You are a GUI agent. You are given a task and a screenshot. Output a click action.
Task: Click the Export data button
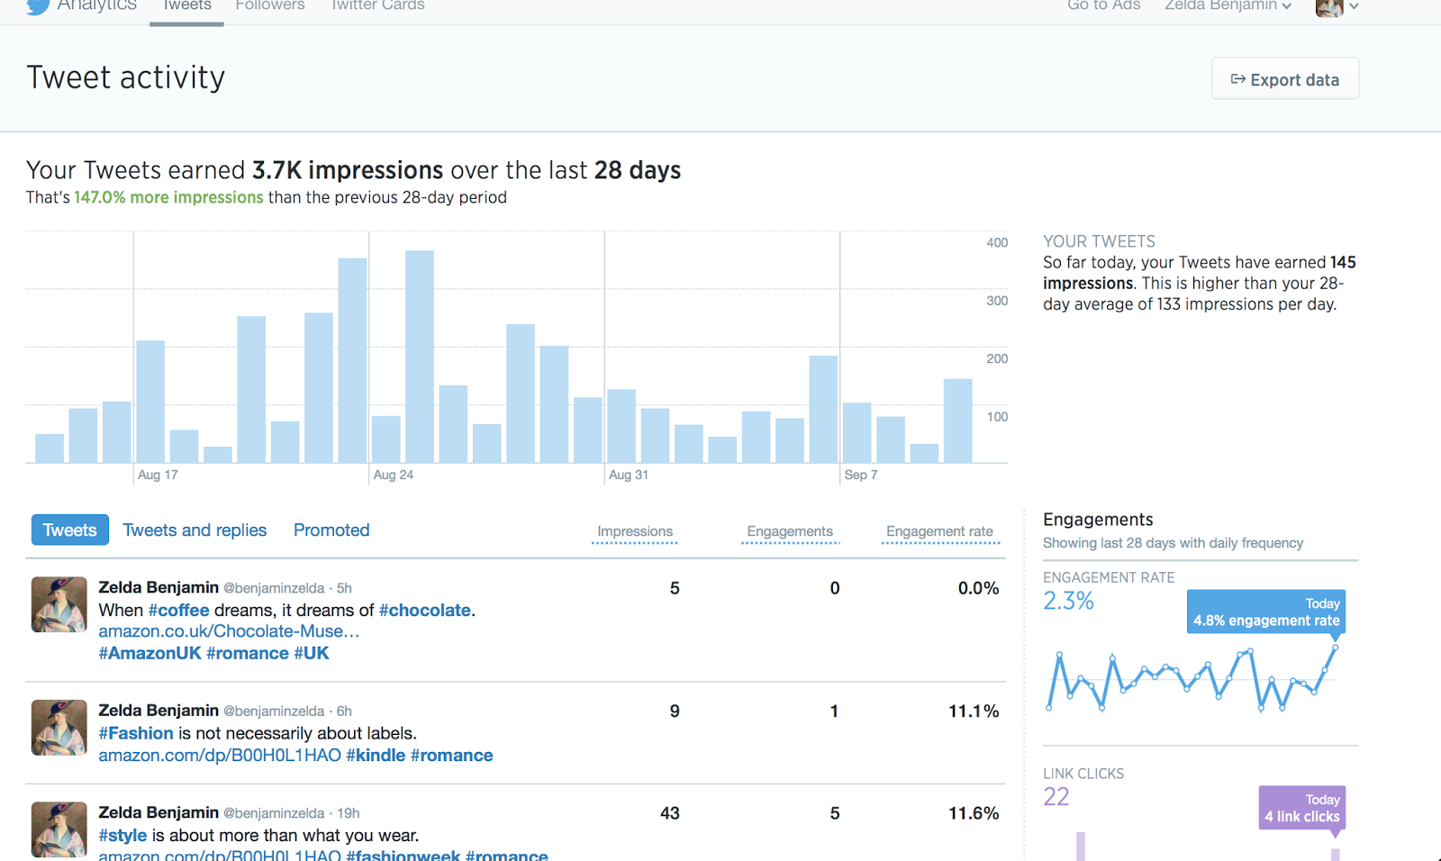(x=1284, y=79)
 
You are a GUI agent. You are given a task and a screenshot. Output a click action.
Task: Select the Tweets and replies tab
(x=195, y=530)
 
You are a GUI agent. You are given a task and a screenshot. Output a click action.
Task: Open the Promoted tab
(x=331, y=530)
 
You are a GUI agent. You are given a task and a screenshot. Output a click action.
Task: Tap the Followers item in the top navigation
(x=270, y=6)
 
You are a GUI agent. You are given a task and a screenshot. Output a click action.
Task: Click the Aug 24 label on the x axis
(x=394, y=475)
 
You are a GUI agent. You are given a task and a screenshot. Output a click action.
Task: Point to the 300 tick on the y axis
(x=997, y=301)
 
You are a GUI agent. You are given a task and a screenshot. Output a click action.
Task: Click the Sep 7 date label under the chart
(x=861, y=475)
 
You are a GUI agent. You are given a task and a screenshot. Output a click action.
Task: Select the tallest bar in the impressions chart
(x=420, y=357)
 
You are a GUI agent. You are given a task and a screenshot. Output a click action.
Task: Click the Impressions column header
(x=635, y=531)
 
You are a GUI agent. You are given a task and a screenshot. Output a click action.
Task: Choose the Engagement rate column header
(x=939, y=531)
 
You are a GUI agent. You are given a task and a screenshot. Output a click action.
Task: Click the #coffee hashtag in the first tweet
(x=178, y=611)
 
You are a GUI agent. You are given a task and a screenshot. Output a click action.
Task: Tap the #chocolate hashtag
(x=425, y=611)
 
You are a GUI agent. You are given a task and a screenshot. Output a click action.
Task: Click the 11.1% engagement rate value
(x=974, y=711)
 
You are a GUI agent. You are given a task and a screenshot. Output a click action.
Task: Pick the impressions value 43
(x=670, y=813)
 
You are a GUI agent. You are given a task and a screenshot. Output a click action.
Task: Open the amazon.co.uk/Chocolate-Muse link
(x=229, y=631)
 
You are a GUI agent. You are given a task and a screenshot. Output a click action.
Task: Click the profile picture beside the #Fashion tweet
(x=59, y=728)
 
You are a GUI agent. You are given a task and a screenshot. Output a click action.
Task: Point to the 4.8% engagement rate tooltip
(x=1265, y=612)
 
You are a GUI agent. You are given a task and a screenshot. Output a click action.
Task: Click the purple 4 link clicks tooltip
(x=1301, y=808)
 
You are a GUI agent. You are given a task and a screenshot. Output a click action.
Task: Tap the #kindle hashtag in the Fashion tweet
(x=376, y=756)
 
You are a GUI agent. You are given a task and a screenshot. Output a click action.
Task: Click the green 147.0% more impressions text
(x=168, y=197)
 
